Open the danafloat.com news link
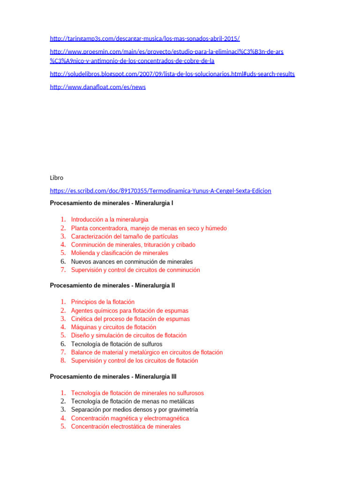97,87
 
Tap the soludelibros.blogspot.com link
172,74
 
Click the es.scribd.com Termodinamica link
160,191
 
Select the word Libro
56,178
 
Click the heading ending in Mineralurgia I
112,203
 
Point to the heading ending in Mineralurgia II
112,285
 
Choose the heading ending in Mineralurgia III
113,376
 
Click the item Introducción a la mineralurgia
110,219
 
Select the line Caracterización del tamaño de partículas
124,236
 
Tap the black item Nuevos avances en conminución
132,262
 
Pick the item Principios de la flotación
103,302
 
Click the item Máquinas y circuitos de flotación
113,327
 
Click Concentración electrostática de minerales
126,427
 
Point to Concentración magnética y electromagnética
130,418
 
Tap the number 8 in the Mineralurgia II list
63,360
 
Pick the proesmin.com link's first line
166,52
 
